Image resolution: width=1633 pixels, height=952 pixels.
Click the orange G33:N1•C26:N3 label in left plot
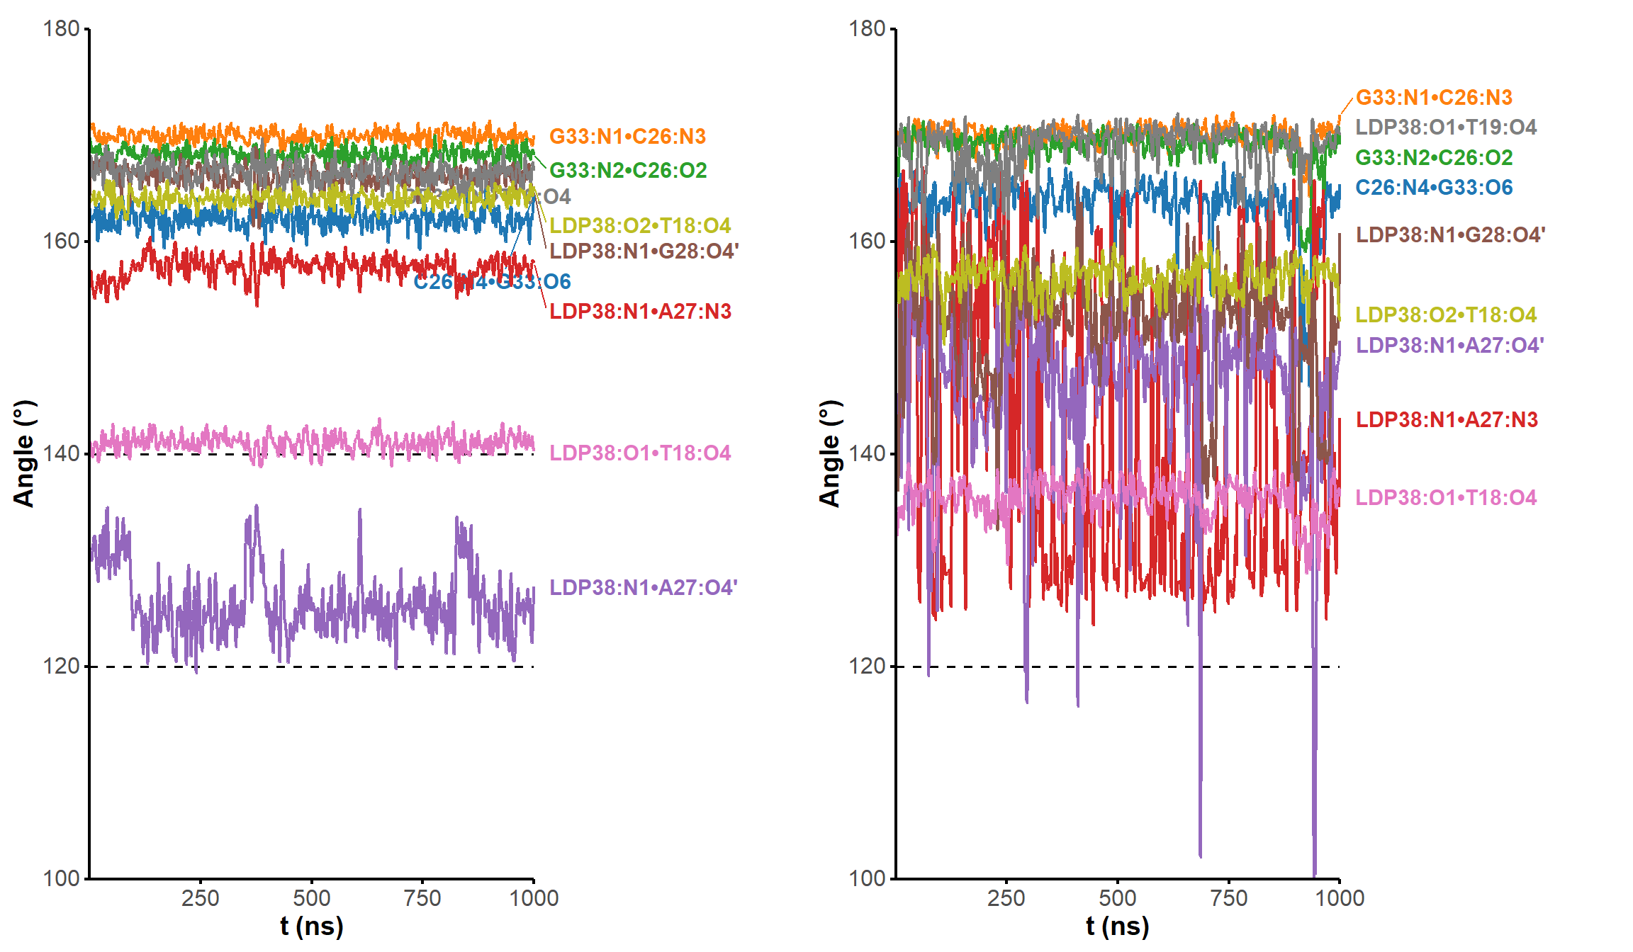click(627, 137)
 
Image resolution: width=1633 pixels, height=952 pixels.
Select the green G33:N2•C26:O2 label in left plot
click(628, 171)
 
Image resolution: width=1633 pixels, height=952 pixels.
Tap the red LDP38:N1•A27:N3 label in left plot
click(640, 312)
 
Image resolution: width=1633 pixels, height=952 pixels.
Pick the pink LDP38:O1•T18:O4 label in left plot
click(640, 453)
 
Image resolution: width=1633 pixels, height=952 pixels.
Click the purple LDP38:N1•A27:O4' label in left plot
click(643, 588)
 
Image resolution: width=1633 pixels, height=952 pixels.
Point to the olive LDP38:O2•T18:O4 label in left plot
click(640, 226)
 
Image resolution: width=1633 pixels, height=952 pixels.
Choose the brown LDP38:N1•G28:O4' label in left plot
click(644, 251)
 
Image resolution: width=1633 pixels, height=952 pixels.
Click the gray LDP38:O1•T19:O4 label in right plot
click(1446, 127)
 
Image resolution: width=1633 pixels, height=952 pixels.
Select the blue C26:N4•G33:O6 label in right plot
click(1434, 188)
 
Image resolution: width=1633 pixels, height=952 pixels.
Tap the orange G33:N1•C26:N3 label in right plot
click(1434, 98)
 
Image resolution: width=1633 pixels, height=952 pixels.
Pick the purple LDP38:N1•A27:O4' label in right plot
click(1449, 346)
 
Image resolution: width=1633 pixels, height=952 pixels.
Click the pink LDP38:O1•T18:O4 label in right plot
click(1446, 498)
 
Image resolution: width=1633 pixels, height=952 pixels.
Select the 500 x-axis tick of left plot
click(311, 898)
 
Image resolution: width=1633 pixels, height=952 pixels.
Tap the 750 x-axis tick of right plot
click(1228, 898)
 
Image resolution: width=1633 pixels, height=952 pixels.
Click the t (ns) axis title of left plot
click(311, 926)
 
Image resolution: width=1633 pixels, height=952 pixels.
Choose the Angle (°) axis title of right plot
click(829, 453)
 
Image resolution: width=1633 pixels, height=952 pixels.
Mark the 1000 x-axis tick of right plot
click(1340, 898)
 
